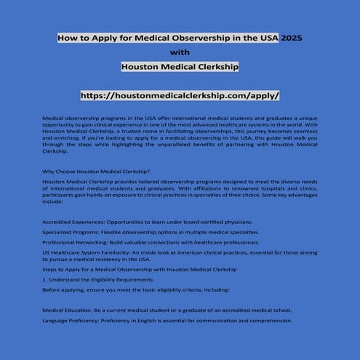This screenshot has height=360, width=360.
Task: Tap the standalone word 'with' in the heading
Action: click(180, 52)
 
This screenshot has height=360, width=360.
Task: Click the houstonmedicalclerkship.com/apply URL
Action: click(180, 95)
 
